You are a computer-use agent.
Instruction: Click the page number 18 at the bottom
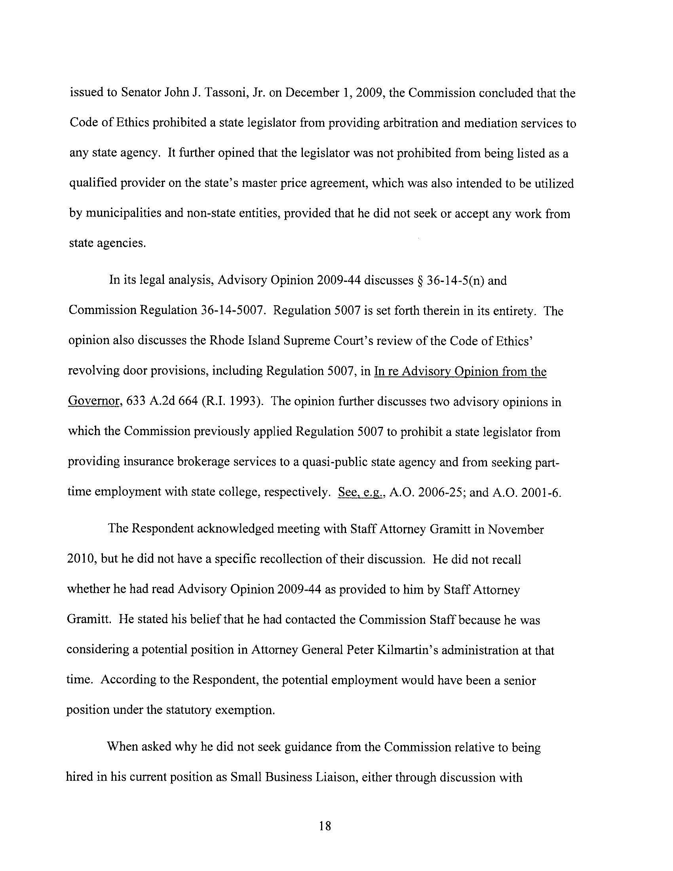click(325, 826)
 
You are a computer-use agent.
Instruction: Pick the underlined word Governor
click(94, 401)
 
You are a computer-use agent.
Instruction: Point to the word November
click(516, 530)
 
